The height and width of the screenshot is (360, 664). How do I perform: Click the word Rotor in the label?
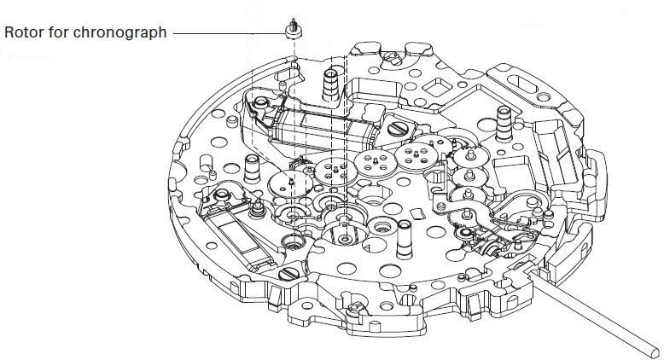(x=23, y=33)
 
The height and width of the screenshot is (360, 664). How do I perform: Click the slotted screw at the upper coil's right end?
(x=399, y=129)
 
